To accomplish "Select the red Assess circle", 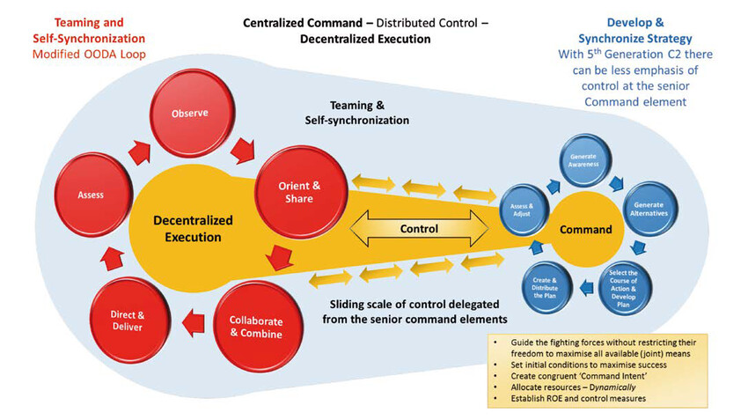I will point(91,195).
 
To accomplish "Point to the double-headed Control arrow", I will point(419,229).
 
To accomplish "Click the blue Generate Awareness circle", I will point(587,159).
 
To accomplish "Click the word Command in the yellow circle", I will point(586,230).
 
